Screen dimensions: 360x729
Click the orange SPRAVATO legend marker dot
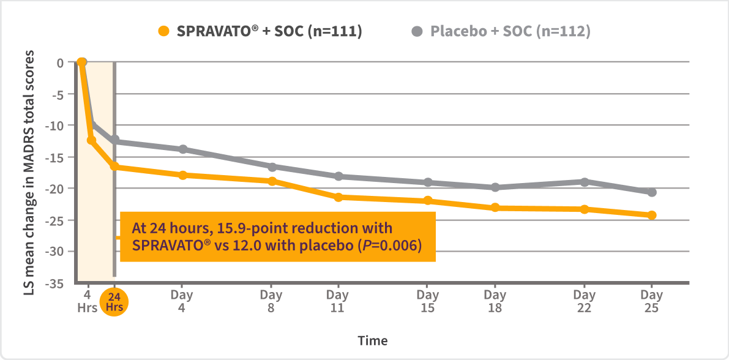click(163, 31)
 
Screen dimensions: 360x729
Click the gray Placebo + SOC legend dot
click(417, 31)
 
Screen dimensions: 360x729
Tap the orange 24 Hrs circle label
click(114, 301)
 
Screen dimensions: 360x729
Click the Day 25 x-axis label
click(651, 301)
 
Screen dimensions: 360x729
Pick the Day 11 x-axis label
click(337, 301)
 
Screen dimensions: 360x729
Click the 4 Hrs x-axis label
click(87, 301)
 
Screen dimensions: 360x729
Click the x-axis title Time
click(373, 340)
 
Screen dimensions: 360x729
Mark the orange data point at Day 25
click(652, 215)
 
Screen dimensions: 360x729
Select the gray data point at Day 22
click(585, 182)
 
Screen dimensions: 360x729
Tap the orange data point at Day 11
click(337, 197)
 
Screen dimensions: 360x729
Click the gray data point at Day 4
click(182, 149)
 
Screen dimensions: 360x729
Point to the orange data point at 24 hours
click(114, 167)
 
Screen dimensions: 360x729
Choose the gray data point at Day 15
click(428, 182)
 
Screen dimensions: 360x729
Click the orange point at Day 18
click(495, 208)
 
